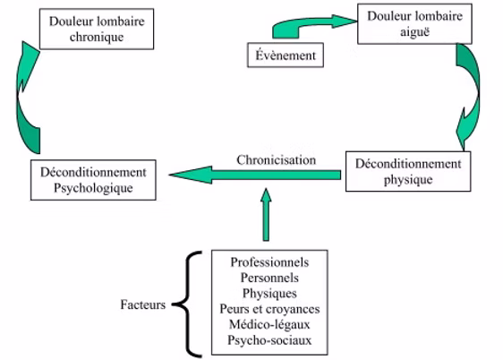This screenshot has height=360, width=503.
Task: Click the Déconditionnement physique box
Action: (x=407, y=171)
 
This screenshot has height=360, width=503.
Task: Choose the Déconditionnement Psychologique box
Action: (x=93, y=179)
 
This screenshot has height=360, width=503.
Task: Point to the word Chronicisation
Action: (x=276, y=159)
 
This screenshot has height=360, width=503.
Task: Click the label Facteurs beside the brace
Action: (x=143, y=305)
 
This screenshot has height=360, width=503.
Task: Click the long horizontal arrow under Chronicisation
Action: (x=255, y=176)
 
